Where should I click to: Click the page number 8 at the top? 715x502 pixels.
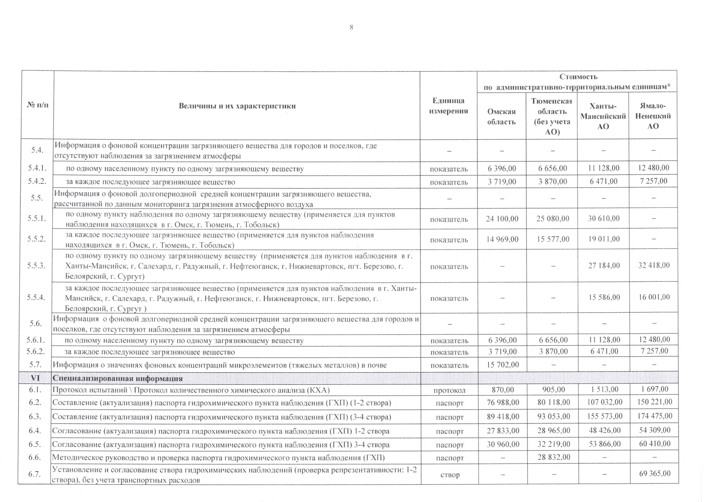(351, 27)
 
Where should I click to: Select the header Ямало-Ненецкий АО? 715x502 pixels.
(653, 116)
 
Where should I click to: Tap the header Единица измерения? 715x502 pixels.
(448, 106)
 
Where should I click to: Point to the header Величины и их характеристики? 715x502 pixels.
(237, 106)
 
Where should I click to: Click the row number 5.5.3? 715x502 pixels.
(36, 266)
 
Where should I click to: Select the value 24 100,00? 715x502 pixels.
(502, 219)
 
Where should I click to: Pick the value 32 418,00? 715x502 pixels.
(654, 265)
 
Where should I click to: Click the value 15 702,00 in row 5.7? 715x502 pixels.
(503, 364)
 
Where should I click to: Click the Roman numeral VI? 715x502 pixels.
(35, 378)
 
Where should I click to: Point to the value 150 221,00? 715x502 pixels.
(654, 402)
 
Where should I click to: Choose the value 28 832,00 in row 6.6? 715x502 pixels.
(553, 457)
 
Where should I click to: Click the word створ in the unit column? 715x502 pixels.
(450, 475)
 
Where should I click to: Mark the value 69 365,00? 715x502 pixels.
(655, 474)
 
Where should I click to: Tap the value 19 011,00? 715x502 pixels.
(604, 239)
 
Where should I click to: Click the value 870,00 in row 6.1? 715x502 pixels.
(503, 390)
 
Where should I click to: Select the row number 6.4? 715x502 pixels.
(35, 431)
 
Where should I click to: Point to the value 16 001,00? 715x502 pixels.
(654, 297)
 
